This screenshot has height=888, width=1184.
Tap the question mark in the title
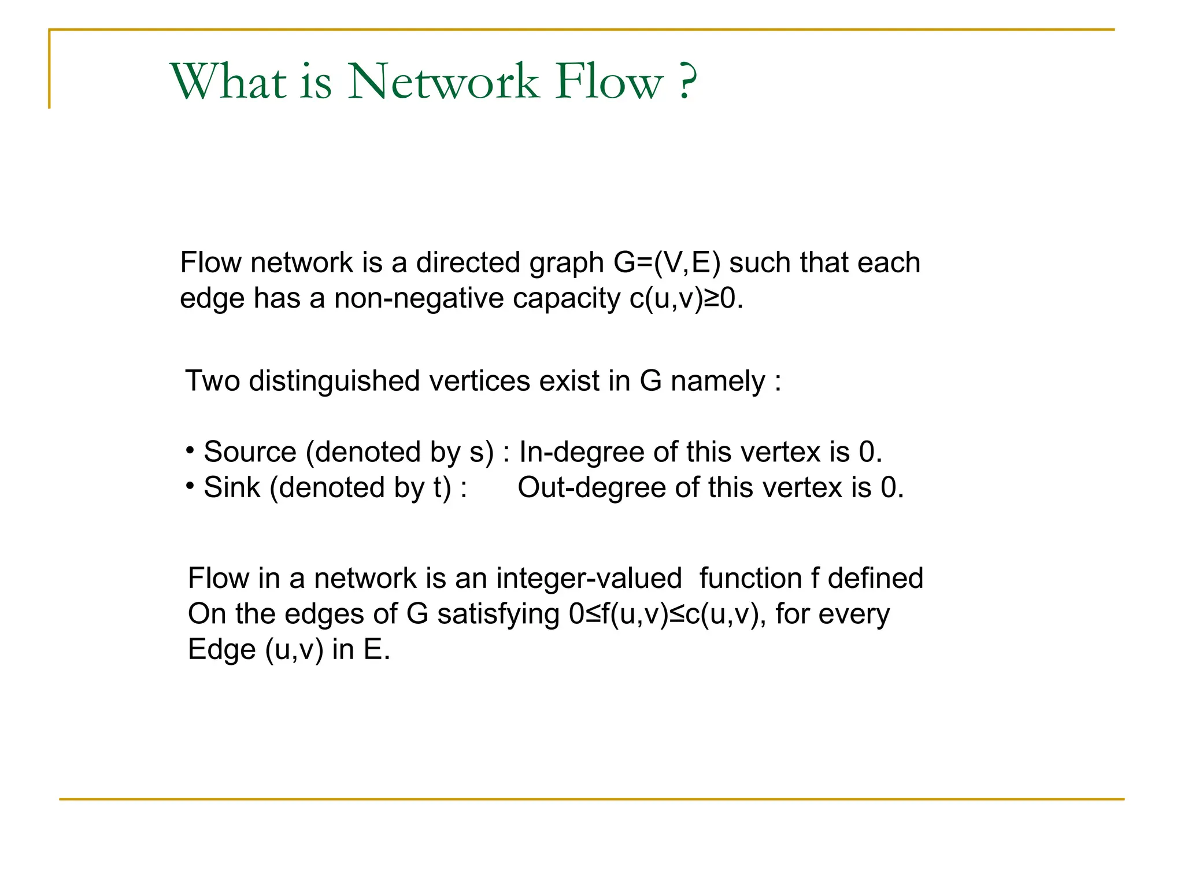(x=687, y=82)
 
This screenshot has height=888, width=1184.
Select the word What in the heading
(x=229, y=82)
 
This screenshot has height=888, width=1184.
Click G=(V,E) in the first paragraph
(x=667, y=263)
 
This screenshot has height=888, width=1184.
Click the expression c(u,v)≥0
(x=686, y=299)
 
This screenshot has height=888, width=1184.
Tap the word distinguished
(x=334, y=382)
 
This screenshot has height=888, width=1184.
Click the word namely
(x=717, y=382)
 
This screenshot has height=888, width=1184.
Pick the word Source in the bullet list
(x=250, y=452)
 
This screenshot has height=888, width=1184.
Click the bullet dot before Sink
(x=190, y=486)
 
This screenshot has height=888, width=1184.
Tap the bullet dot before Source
(x=190, y=450)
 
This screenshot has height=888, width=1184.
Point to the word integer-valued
(x=589, y=579)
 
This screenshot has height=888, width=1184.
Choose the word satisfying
(x=498, y=615)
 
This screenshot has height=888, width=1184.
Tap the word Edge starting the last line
(x=221, y=650)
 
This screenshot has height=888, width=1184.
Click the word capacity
(x=566, y=299)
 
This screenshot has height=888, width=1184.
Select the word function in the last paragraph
(x=750, y=579)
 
